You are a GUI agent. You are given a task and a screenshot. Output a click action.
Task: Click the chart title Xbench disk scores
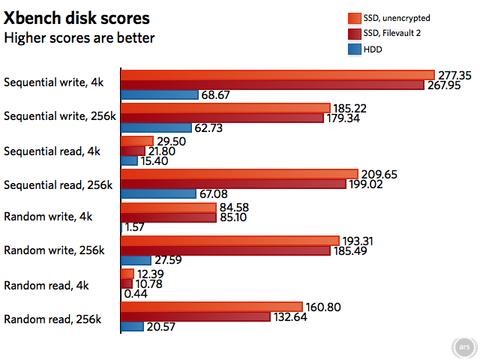click(x=76, y=17)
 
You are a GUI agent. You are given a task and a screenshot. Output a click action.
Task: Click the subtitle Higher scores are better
click(x=79, y=37)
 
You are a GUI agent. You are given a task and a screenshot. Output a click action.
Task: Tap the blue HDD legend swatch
click(x=355, y=50)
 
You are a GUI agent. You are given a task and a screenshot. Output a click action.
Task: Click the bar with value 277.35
click(x=277, y=74)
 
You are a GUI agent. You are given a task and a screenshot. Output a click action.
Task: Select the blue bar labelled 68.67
click(x=159, y=95)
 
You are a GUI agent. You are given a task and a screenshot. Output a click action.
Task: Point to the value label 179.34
click(x=349, y=118)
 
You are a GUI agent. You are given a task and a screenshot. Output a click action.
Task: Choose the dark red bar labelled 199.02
click(x=233, y=184)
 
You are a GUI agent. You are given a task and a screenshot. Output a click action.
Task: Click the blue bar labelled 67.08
click(x=158, y=194)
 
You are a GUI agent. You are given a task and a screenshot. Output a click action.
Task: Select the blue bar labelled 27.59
click(x=136, y=260)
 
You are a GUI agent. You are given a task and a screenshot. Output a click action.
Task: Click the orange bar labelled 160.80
click(x=211, y=307)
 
